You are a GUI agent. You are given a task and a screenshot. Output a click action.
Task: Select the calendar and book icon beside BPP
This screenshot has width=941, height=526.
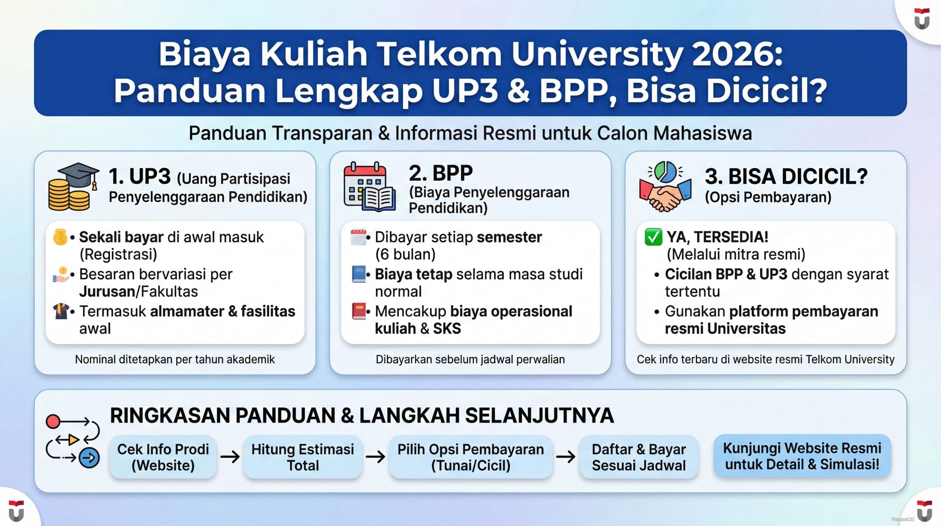pos(369,187)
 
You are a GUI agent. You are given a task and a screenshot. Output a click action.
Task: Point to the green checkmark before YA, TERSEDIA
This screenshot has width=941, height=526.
pos(653,237)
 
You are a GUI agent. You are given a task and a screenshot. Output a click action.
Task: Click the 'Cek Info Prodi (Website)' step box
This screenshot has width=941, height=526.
pos(163,457)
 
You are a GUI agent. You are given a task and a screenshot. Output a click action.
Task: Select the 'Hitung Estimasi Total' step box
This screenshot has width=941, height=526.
pos(303,457)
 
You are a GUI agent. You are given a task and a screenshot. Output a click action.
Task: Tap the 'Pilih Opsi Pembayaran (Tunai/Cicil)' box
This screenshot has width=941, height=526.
pos(470,457)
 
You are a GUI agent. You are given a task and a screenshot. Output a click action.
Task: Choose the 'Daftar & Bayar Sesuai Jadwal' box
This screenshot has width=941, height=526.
pos(638,457)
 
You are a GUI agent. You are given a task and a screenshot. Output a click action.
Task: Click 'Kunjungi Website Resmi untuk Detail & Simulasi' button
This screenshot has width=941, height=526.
pos(802,456)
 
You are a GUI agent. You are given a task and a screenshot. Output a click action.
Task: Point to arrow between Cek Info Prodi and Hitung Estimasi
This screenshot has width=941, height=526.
pos(230,457)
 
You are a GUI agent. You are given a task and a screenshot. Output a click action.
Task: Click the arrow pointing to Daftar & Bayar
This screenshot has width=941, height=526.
pos(566,457)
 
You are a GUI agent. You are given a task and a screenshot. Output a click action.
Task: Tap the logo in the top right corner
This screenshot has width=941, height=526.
pos(922,18)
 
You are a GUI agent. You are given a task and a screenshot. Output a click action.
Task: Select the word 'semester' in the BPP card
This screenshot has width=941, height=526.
pos(509,237)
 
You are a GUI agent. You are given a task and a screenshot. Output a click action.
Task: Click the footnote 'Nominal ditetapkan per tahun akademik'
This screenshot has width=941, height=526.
pos(175,359)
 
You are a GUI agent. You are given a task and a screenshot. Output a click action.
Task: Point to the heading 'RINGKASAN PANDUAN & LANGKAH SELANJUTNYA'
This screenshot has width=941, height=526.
pos(362,416)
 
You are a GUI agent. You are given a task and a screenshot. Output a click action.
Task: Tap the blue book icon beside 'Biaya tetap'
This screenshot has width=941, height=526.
pos(358,274)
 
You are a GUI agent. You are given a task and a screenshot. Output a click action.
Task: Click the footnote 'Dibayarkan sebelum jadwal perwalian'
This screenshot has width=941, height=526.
pos(470,359)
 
